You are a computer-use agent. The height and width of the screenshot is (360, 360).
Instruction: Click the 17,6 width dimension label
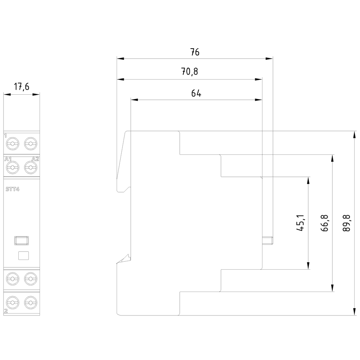coord(21,87)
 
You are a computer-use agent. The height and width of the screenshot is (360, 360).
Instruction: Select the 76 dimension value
coord(195,52)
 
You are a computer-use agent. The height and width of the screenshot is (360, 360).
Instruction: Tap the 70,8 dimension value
coord(189,72)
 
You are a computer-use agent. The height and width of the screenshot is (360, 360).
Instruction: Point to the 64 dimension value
coord(196,93)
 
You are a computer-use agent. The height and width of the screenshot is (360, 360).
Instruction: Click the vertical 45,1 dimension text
coord(301,223)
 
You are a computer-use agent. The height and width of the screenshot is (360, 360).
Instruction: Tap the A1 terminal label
coord(8,159)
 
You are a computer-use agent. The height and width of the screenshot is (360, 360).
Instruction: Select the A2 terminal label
coord(35,159)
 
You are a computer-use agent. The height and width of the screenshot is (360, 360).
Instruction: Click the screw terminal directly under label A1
coord(13,167)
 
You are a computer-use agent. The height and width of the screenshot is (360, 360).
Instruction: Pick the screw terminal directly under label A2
coord(30,167)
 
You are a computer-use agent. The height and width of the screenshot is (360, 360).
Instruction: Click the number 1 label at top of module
coord(5,136)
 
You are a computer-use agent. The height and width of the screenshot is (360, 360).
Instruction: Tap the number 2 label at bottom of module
coord(6,310)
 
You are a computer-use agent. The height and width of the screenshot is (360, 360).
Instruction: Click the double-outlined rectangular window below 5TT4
coord(21,240)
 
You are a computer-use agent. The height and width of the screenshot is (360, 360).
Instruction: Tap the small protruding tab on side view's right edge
coord(268,240)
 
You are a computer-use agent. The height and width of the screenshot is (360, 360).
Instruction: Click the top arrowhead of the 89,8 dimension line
coord(353,134)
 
